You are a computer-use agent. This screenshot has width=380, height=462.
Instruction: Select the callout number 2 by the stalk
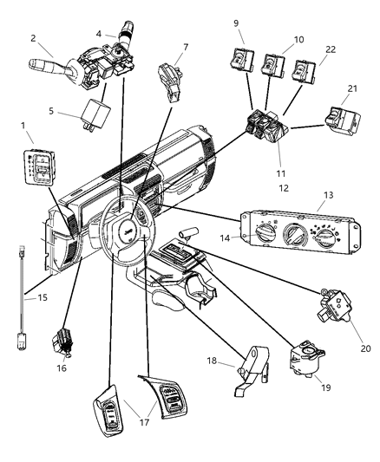click(32, 38)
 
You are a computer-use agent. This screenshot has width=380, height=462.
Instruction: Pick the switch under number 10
click(273, 63)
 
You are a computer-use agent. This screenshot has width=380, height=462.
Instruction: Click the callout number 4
click(99, 33)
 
